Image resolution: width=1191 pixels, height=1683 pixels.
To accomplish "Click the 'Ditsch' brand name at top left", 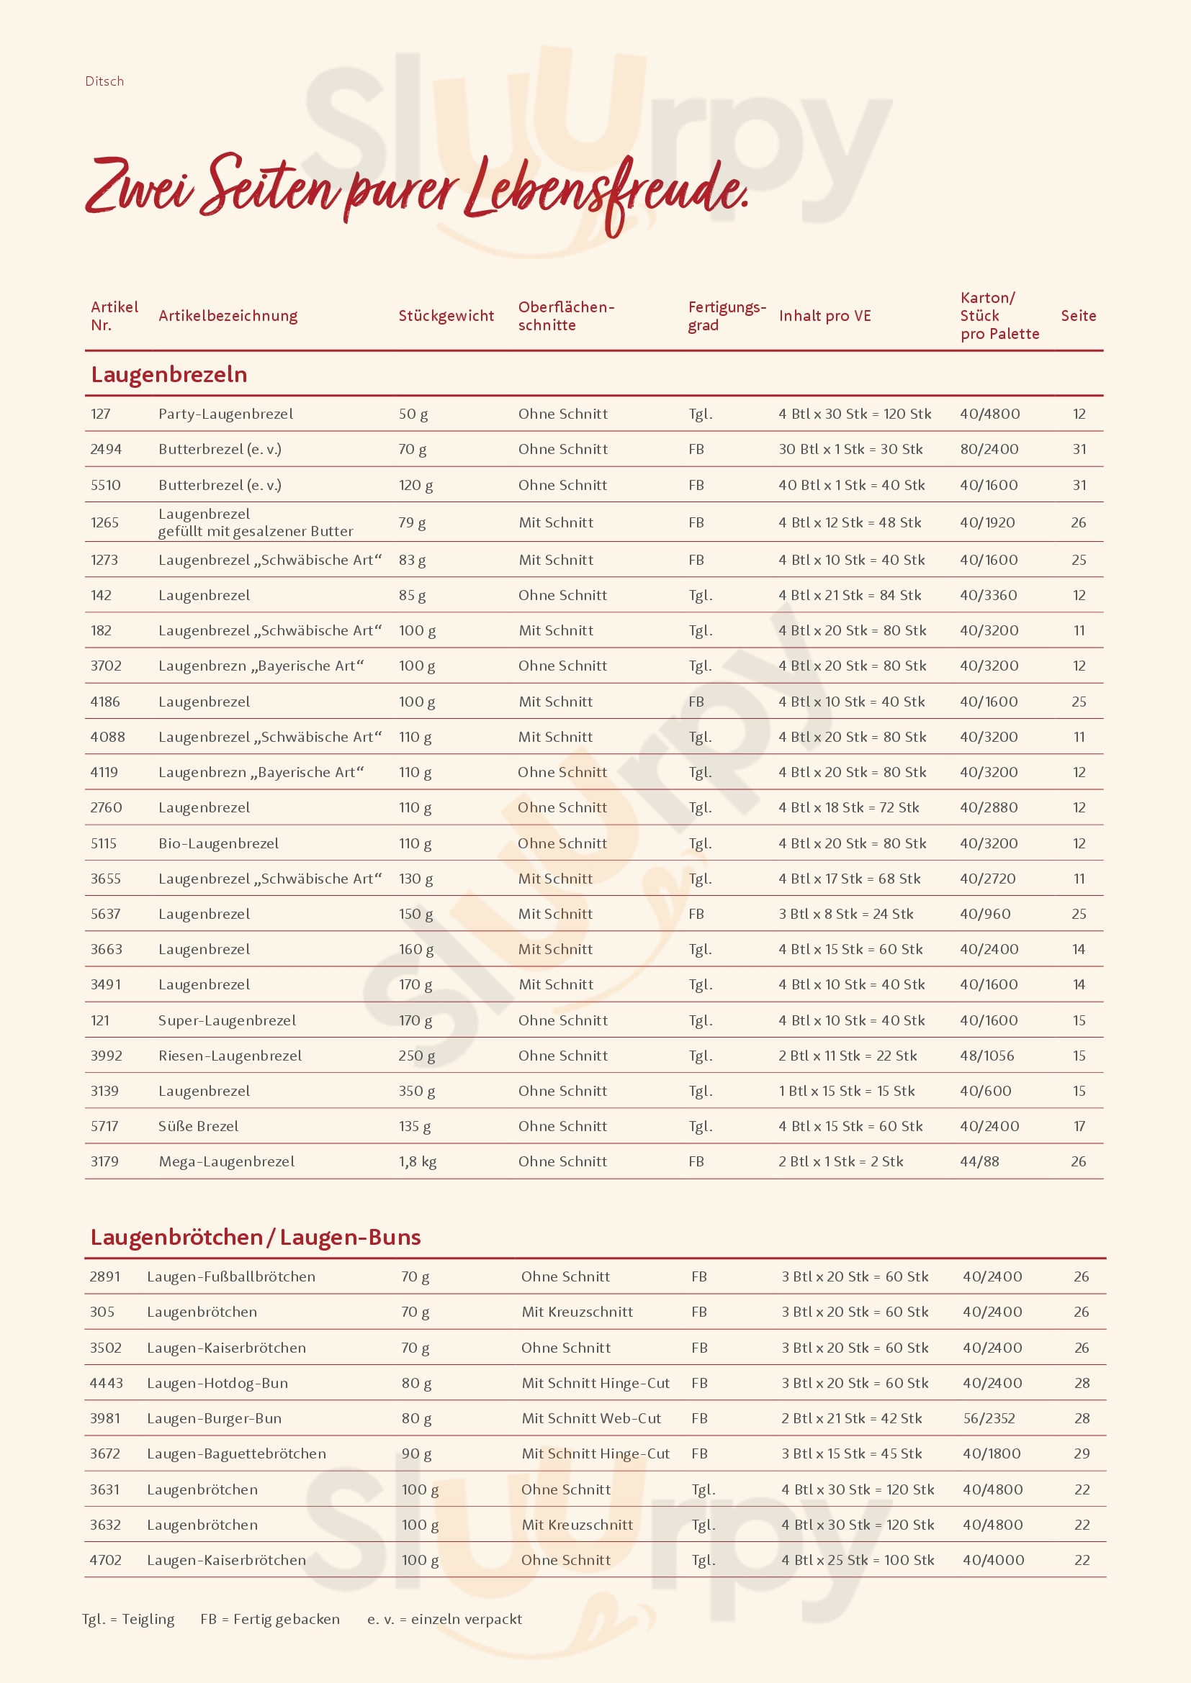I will tap(104, 81).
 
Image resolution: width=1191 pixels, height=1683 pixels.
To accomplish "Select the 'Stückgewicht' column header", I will tap(446, 316).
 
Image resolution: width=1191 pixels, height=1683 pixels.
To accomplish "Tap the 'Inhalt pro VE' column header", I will tap(824, 316).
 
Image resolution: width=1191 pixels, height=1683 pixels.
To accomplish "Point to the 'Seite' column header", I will tap(1078, 316).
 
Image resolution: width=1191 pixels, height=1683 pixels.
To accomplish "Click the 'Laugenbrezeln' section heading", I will tap(168, 375).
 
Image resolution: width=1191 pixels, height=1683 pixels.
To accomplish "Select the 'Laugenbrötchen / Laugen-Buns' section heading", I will tap(255, 1238).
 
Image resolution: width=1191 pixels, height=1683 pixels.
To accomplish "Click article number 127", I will tap(101, 414).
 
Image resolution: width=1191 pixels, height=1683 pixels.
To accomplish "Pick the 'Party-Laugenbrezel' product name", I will tap(226, 414).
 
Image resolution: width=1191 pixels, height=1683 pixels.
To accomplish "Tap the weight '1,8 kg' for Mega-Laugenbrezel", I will tap(418, 1162).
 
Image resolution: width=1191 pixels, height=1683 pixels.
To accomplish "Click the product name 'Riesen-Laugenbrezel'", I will tap(230, 1056).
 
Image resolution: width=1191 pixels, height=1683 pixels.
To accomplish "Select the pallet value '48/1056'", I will tap(987, 1056).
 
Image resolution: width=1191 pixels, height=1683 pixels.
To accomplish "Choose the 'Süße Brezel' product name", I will tap(198, 1126).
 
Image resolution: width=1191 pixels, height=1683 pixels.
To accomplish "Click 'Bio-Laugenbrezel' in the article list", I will tap(219, 844).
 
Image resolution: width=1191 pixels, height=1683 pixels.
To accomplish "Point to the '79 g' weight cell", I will tap(411, 522).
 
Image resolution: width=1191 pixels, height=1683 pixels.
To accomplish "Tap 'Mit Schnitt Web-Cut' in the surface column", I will tap(591, 1418).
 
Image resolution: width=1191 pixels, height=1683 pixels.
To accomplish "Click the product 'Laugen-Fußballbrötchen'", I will tap(231, 1277).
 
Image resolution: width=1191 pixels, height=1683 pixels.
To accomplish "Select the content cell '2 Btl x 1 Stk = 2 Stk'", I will tap(840, 1162).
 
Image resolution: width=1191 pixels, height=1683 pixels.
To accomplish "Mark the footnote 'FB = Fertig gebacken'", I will tap(270, 1619).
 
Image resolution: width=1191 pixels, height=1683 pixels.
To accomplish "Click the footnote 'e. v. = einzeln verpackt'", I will tap(444, 1619).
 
